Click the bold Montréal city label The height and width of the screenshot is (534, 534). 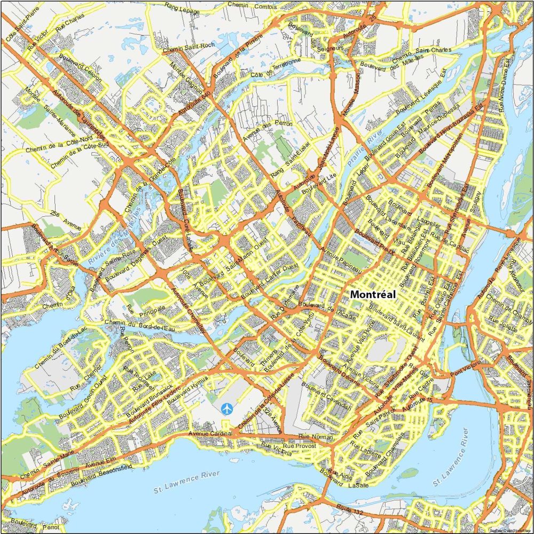(373, 294)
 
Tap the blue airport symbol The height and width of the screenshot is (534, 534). (227, 409)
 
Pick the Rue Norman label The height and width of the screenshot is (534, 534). (315, 437)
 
